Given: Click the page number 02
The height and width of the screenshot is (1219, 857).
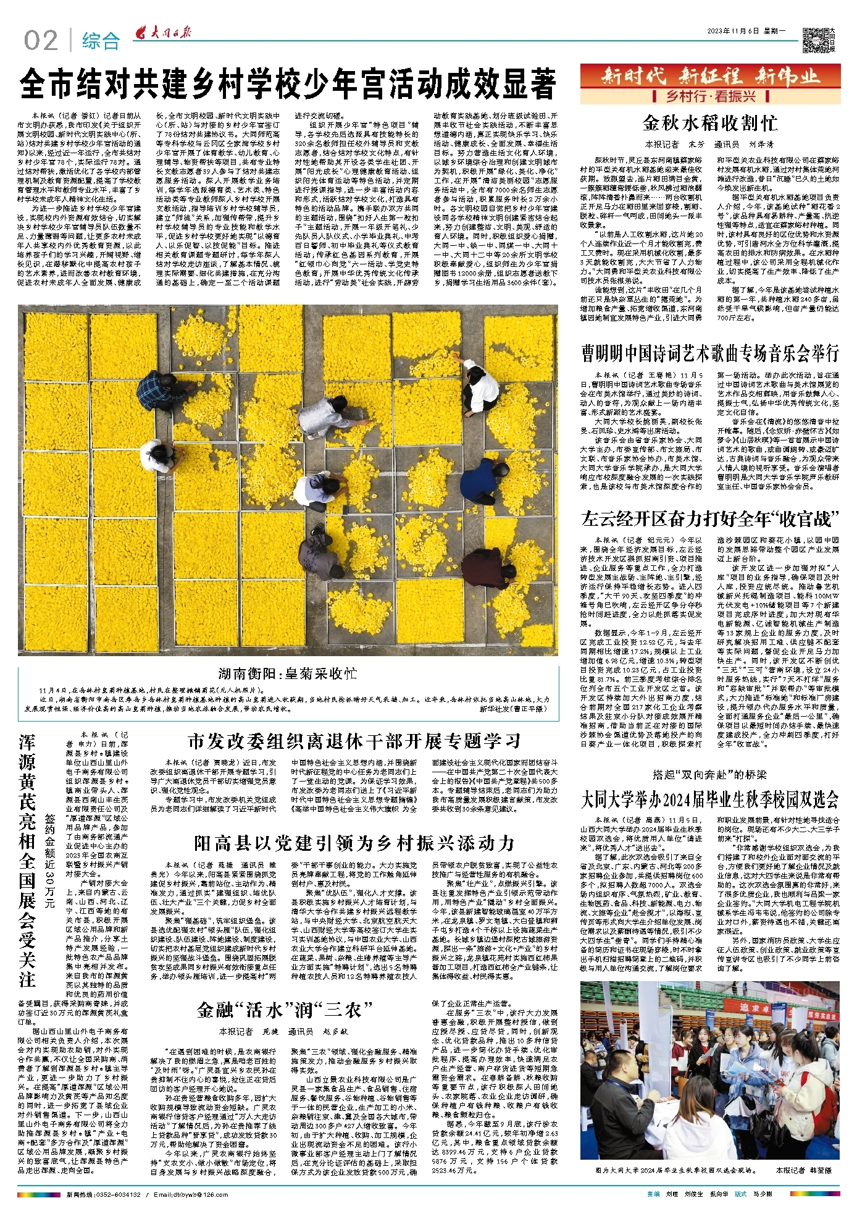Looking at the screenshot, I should pos(41,41).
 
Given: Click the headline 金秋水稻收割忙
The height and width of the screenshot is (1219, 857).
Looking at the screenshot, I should pos(709,123).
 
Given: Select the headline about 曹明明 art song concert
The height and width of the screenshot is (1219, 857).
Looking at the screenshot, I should pos(709,353).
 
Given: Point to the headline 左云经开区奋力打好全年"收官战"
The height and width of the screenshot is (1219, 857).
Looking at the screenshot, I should pos(709,518).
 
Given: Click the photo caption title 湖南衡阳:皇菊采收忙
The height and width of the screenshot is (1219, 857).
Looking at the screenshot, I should pos(287,673).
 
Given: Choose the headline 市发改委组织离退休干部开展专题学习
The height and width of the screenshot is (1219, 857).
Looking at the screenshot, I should pos(354,741).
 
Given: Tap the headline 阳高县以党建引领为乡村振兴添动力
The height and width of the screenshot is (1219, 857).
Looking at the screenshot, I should pos(354,843).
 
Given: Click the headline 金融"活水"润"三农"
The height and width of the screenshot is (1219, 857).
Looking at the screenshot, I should pos(285,1010).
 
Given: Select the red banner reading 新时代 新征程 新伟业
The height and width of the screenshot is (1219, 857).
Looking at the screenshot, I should pos(710,77).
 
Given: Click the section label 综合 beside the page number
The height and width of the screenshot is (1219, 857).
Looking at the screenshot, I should pos(101,41).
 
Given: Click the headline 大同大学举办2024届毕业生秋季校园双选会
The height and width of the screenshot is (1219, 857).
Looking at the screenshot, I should pos(709,799).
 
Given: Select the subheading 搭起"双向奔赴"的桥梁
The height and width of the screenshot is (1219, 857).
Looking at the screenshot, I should pos(709,774).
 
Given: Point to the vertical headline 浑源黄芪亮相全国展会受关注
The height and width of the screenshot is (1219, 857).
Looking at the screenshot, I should pos(28,859).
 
